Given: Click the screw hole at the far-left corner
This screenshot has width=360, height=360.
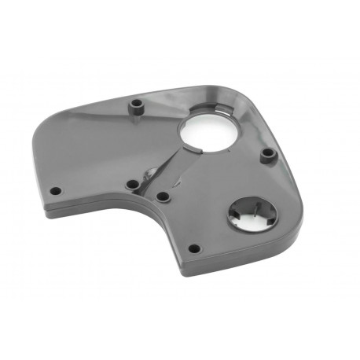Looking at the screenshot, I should (x=55, y=189).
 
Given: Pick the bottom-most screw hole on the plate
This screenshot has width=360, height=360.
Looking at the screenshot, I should (x=195, y=248).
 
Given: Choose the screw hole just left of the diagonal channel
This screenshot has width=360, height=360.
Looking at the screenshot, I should (x=131, y=186).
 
